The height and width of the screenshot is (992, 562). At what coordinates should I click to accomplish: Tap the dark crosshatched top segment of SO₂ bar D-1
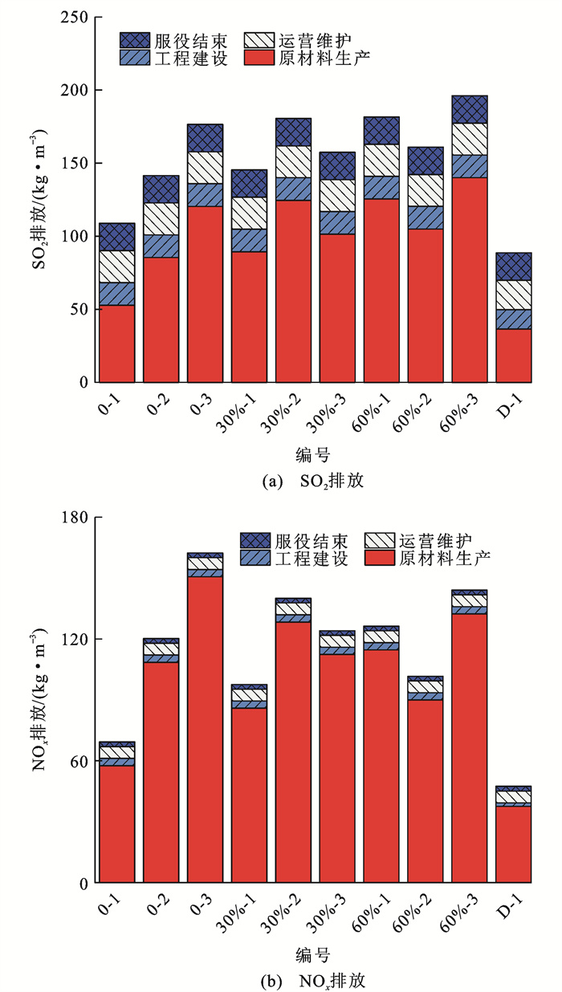coord(513,266)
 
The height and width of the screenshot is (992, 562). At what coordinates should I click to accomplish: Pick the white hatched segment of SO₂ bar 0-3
coord(205,167)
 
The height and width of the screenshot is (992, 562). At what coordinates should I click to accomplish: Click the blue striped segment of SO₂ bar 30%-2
coord(293,189)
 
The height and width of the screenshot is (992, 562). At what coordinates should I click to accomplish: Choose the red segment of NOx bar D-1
coord(513,844)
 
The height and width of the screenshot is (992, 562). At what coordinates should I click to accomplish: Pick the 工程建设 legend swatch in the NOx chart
coord(255,558)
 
